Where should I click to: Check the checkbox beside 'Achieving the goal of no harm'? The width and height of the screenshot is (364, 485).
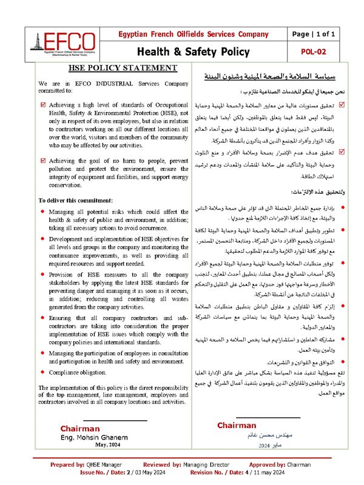pos(42,161)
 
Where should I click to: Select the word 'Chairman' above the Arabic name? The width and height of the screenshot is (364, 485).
pos(237,426)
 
